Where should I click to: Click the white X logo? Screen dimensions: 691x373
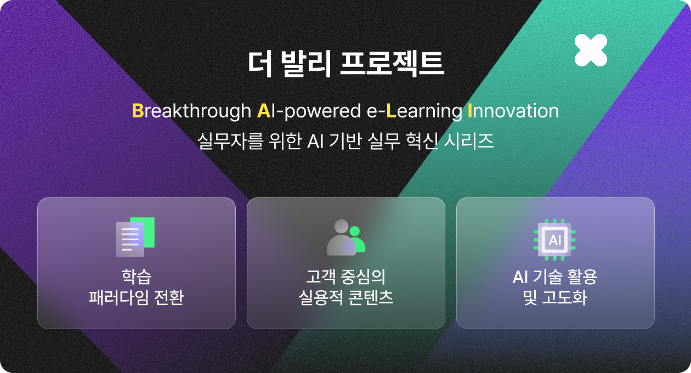point(591,50)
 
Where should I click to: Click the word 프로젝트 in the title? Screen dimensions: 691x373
point(392,64)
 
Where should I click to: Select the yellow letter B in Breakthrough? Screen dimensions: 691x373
point(138,110)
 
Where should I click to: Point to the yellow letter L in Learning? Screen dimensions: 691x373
point(391,110)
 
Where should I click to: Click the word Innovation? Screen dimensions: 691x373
point(513,111)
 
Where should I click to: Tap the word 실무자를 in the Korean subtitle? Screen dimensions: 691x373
point(230,142)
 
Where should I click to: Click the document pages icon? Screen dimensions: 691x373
point(135,237)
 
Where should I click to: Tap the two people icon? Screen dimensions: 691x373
point(346,238)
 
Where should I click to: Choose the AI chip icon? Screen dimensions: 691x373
point(554,240)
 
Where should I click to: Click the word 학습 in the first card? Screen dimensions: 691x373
point(137,277)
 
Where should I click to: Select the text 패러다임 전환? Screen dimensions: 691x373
point(137,298)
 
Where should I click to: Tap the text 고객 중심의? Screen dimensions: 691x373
point(346,277)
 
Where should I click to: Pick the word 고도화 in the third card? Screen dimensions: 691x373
point(564,298)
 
